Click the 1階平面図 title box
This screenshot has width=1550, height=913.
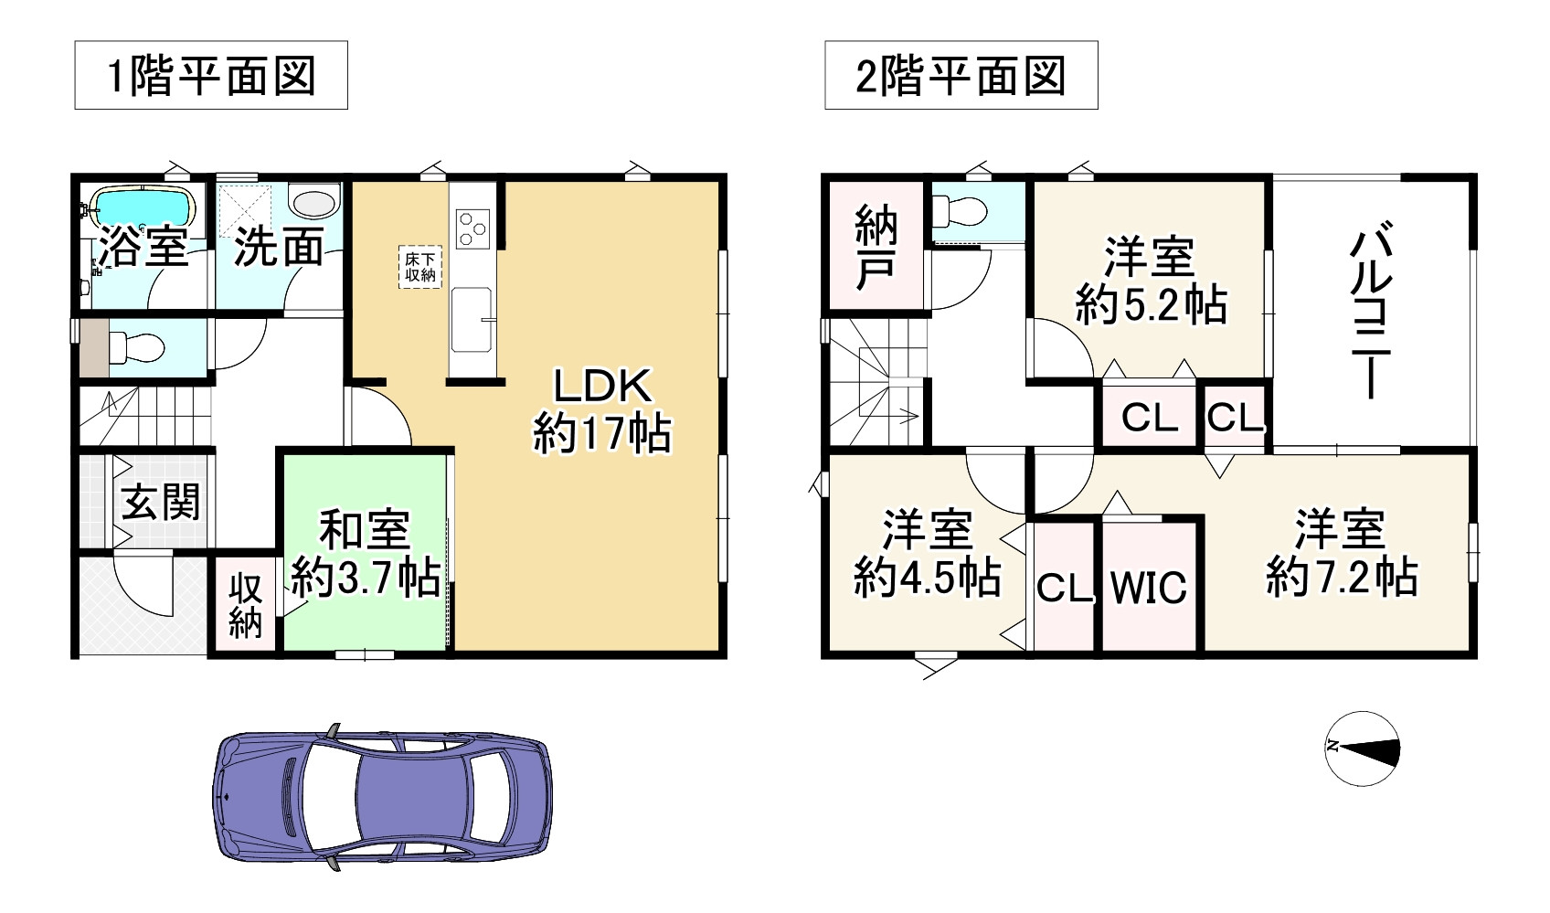click(211, 76)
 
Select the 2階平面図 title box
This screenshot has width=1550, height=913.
click(961, 76)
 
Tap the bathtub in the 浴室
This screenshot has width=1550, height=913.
click(147, 207)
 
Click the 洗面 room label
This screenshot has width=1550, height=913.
click(280, 248)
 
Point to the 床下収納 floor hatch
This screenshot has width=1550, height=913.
click(419, 268)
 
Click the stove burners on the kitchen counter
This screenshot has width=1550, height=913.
click(472, 227)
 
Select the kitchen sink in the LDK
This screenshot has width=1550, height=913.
click(471, 318)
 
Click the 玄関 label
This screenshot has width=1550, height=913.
click(161, 502)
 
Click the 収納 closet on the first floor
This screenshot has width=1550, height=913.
click(245, 604)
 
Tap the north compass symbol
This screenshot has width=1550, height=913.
click(1363, 748)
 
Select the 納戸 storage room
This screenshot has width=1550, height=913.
click(875, 248)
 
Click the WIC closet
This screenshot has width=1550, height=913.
click(1149, 588)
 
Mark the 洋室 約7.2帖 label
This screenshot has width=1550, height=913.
click(1341, 553)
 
